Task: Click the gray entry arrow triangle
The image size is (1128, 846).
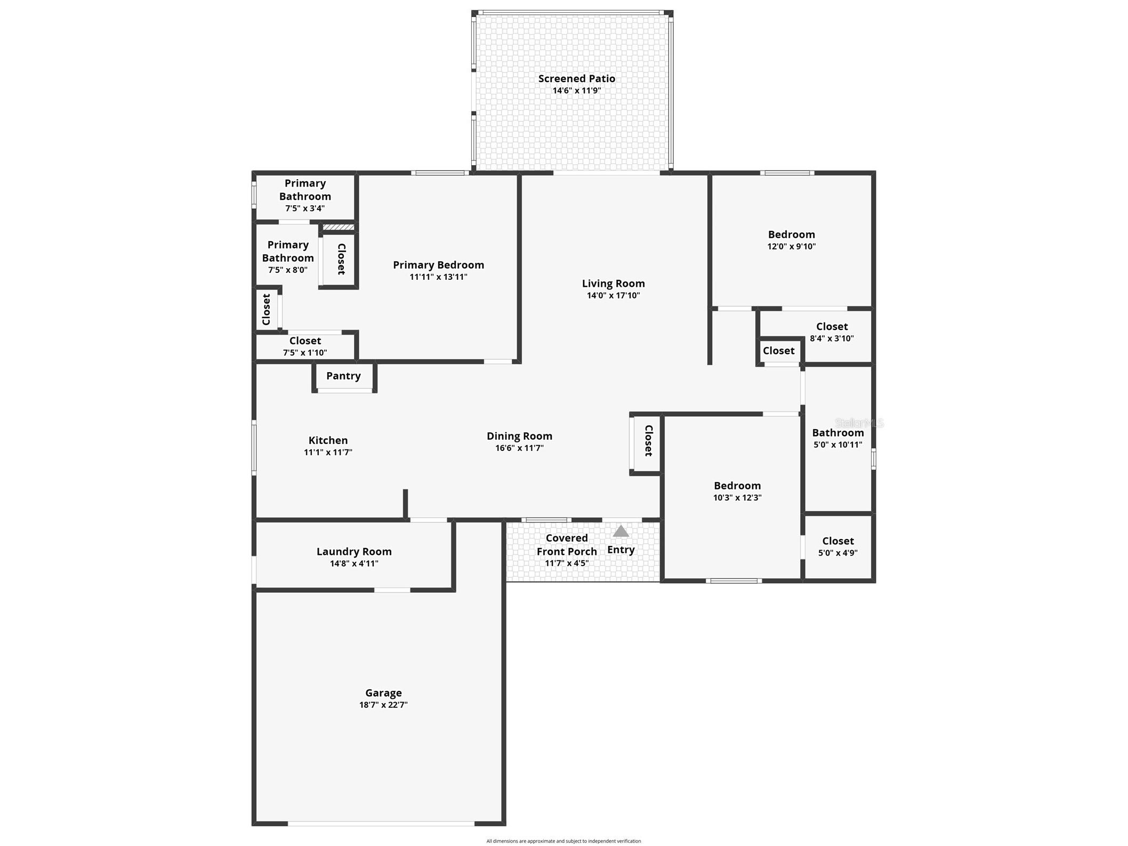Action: (621, 531)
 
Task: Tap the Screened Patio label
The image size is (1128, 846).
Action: (576, 78)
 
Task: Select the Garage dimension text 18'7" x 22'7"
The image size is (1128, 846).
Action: (383, 705)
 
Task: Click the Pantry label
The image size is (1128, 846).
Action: (343, 376)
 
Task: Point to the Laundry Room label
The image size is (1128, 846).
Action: (354, 552)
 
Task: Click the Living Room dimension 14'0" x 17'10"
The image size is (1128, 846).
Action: (613, 295)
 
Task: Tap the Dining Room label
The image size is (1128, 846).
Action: (519, 436)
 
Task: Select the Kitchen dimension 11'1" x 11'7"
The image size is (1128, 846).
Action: (328, 452)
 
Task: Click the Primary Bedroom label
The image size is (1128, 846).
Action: (438, 265)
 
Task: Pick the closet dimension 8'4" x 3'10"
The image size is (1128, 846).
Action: (832, 338)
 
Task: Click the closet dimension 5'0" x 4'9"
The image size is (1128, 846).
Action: (837, 553)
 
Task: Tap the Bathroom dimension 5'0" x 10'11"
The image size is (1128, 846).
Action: (837, 445)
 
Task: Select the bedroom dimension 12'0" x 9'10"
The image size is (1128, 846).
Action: (791, 246)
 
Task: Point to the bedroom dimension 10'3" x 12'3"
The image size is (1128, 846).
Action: (737, 497)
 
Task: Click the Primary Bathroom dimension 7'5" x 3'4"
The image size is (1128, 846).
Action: (304, 208)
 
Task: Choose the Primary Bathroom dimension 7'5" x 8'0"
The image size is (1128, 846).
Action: (287, 270)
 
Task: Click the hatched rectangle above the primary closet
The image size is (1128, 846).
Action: (339, 227)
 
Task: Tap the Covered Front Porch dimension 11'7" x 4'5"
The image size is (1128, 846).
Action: (566, 563)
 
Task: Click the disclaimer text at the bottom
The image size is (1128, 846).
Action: (563, 841)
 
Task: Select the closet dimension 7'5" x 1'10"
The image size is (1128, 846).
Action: (304, 352)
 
